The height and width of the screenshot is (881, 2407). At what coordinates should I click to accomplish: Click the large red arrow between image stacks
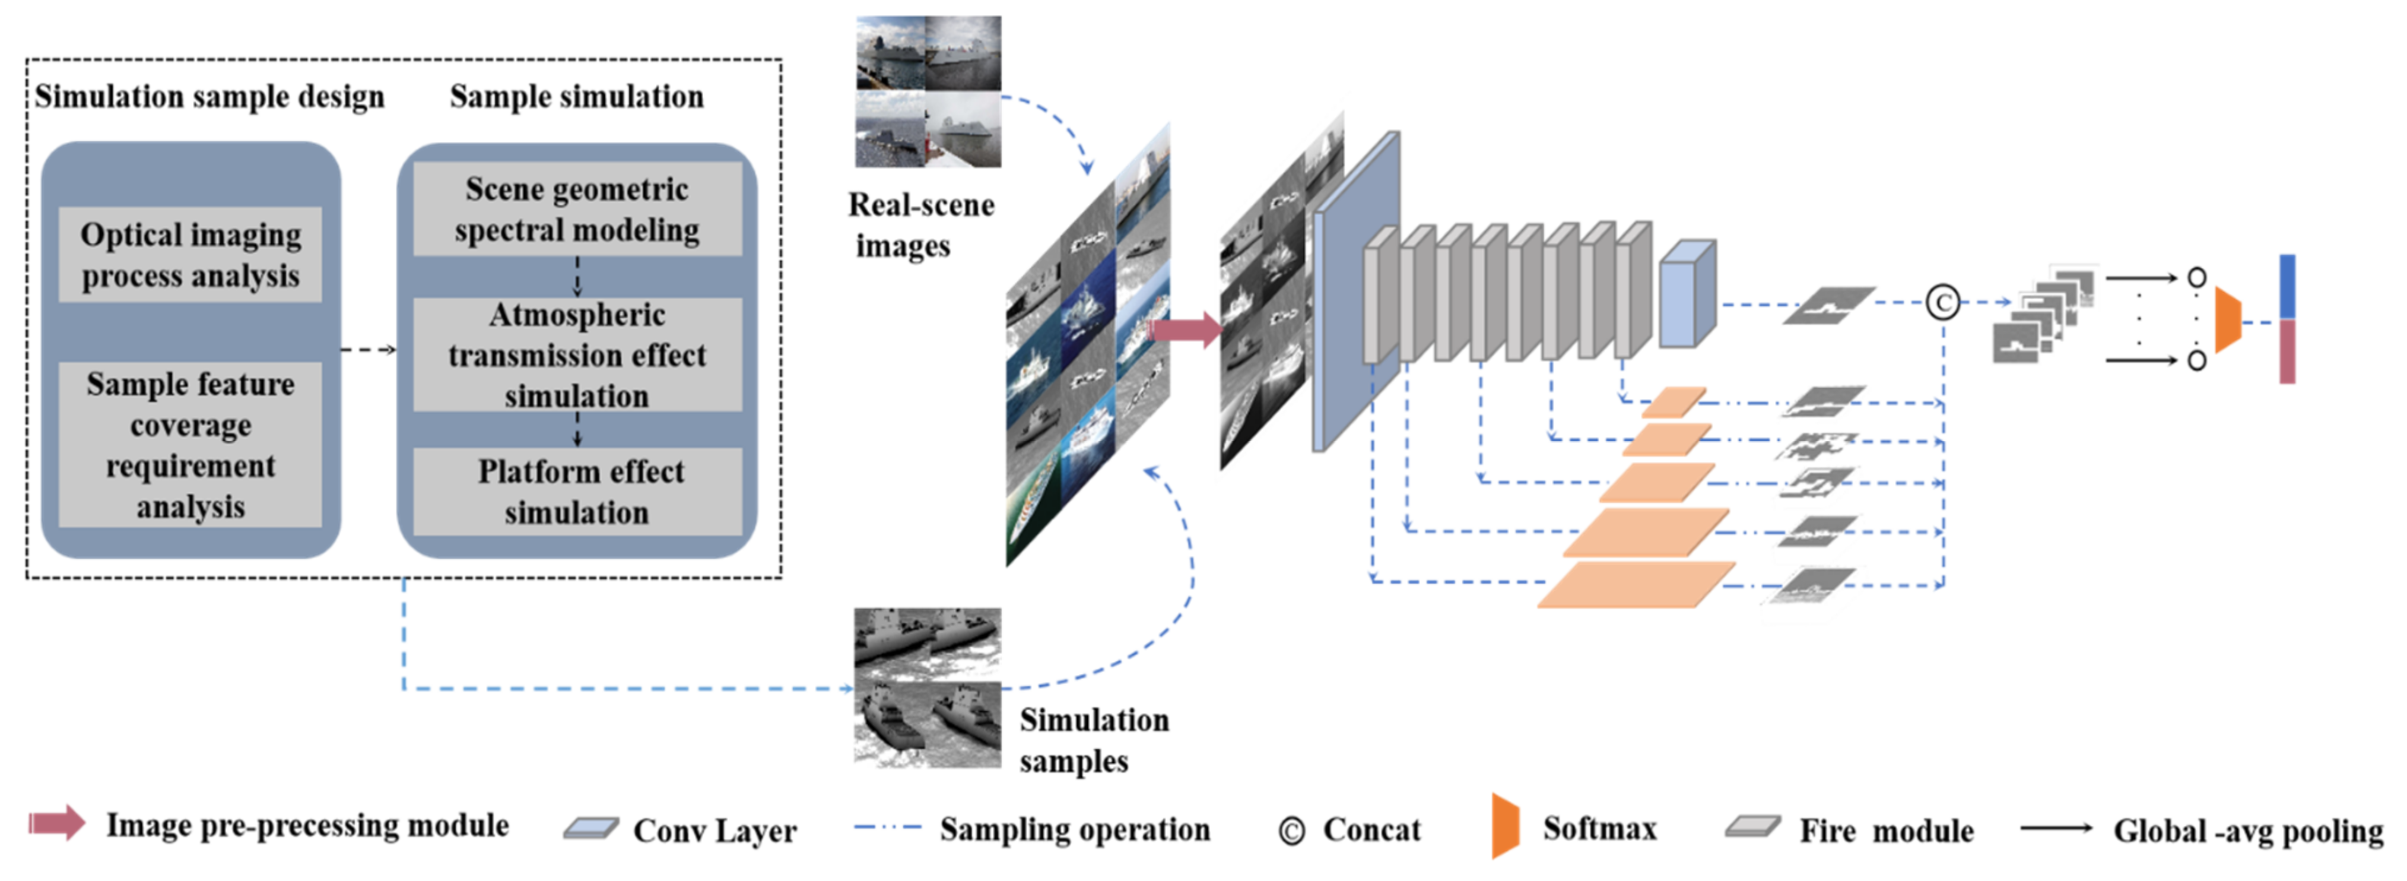click(x=1185, y=329)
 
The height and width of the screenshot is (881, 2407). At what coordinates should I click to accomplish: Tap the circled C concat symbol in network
click(x=1942, y=303)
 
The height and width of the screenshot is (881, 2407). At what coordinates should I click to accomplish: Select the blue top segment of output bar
click(x=2287, y=286)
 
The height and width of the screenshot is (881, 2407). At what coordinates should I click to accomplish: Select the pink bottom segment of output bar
click(x=2287, y=351)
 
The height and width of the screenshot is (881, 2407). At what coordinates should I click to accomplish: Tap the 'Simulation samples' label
click(x=1093, y=740)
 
